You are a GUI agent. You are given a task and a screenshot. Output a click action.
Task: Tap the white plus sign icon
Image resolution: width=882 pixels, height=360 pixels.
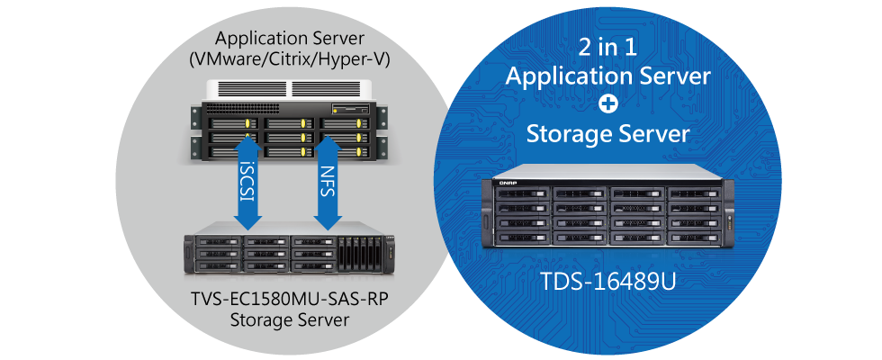coord(608,106)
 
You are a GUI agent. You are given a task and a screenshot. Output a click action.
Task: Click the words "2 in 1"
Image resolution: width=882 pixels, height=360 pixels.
coord(608,47)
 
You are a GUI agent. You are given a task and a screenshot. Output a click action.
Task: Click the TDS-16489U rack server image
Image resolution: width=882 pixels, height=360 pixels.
coord(608,217)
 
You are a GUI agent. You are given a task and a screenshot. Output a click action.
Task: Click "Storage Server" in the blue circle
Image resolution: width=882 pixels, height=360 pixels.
coord(608,135)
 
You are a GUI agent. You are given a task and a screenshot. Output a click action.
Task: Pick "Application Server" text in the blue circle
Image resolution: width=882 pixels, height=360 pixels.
coord(608,76)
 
